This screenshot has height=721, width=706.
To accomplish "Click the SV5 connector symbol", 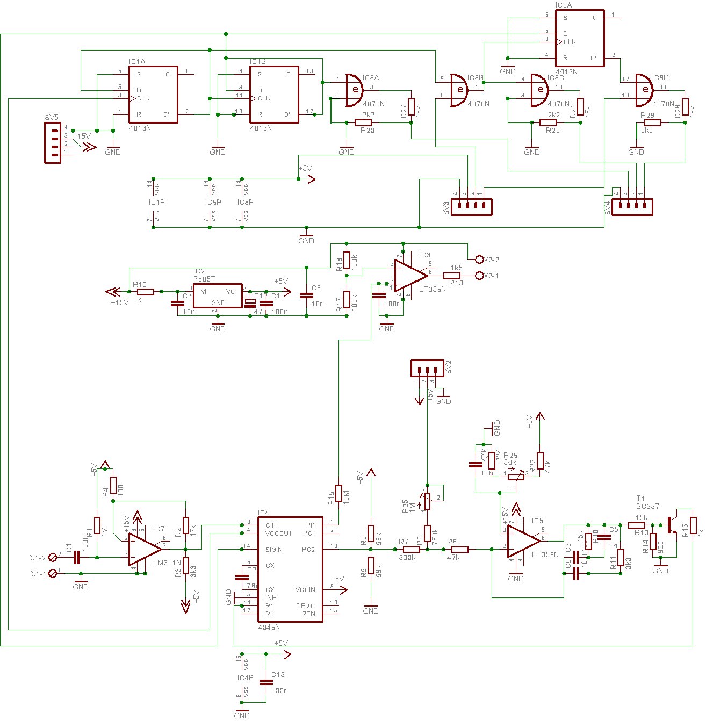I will point(53,142).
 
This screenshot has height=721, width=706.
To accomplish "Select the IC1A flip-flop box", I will point(153,94).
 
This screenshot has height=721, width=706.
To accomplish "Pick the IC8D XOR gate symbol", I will point(643,89).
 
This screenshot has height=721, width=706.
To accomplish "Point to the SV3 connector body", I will point(471,207).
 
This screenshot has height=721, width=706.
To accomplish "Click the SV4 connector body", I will point(632,207).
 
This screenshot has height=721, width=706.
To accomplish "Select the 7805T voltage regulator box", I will point(218,296).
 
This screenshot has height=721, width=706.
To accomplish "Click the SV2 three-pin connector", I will point(428,368).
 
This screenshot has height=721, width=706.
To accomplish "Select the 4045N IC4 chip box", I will point(290,569).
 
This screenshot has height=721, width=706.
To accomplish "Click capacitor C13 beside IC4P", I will point(265,682).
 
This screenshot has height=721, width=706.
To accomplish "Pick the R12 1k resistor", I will point(145,292).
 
